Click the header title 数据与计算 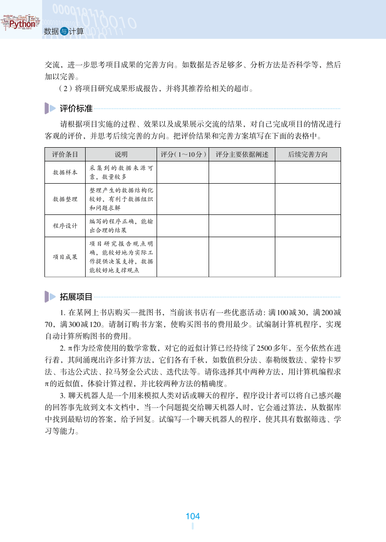click(x=63, y=32)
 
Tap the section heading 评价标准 click(x=76, y=108)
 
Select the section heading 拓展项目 click(x=76, y=297)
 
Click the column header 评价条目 click(x=65, y=154)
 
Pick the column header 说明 click(x=121, y=154)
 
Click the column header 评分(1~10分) click(x=183, y=154)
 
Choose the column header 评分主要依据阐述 click(x=242, y=154)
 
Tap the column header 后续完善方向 click(x=307, y=154)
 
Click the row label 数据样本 click(x=65, y=172)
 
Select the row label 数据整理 click(x=65, y=199)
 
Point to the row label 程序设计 click(x=65, y=226)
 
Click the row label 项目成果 click(x=65, y=257)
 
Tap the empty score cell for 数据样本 click(x=183, y=172)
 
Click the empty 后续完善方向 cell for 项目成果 click(x=307, y=257)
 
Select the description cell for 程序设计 click(x=121, y=226)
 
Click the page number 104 click(x=193, y=516)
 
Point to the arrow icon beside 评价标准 click(x=50, y=108)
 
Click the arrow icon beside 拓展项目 click(x=50, y=297)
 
